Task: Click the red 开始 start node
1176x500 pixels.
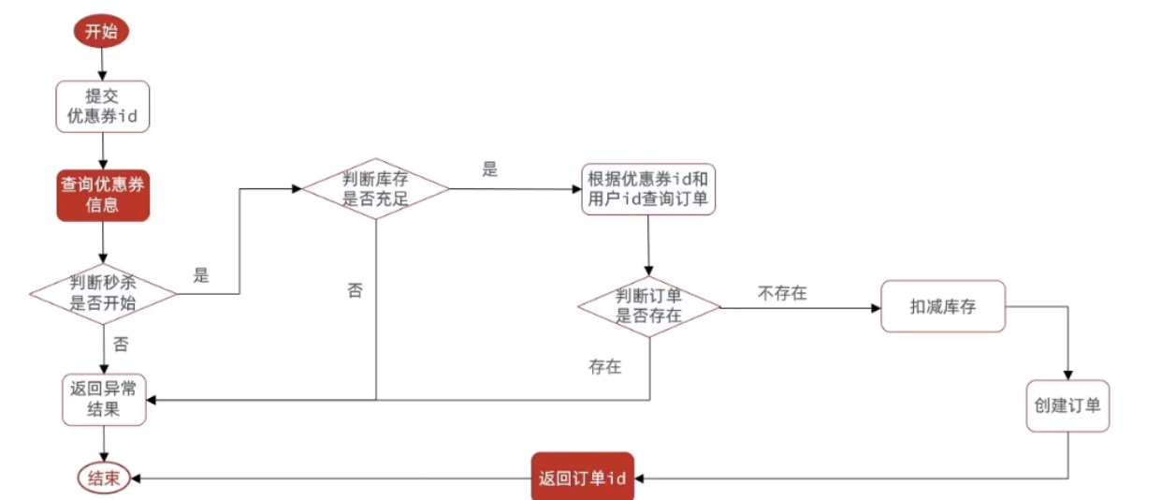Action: (101, 31)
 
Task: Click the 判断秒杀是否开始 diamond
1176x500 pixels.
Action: (103, 293)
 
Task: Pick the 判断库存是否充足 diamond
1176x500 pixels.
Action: (375, 187)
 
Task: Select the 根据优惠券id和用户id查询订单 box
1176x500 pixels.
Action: (648, 188)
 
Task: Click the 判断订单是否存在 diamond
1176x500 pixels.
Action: (648, 306)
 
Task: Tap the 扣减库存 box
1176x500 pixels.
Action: (942, 305)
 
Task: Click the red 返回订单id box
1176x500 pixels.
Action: (582, 478)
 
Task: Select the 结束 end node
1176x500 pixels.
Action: (103, 478)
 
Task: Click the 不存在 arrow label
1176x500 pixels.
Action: (782, 293)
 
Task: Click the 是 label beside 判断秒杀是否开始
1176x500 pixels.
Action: (201, 275)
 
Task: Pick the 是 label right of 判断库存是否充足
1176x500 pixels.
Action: (489, 169)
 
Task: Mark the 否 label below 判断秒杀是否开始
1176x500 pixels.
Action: (121, 345)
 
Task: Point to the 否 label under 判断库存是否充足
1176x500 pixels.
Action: (355, 290)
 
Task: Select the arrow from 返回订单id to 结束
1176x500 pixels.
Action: (327, 478)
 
